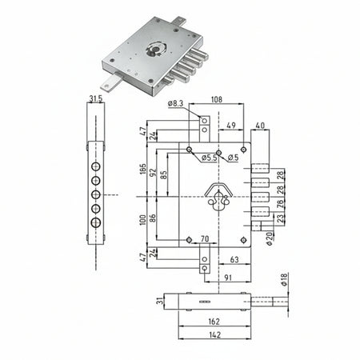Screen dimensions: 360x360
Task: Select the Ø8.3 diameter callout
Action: click(178, 104)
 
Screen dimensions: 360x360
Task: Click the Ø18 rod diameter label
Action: click(283, 279)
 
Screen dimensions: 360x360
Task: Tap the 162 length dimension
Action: click(213, 322)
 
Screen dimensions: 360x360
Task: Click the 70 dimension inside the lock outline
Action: click(204, 238)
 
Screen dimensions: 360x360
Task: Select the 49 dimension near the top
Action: click(230, 126)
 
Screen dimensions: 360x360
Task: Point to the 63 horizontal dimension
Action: click(234, 260)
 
